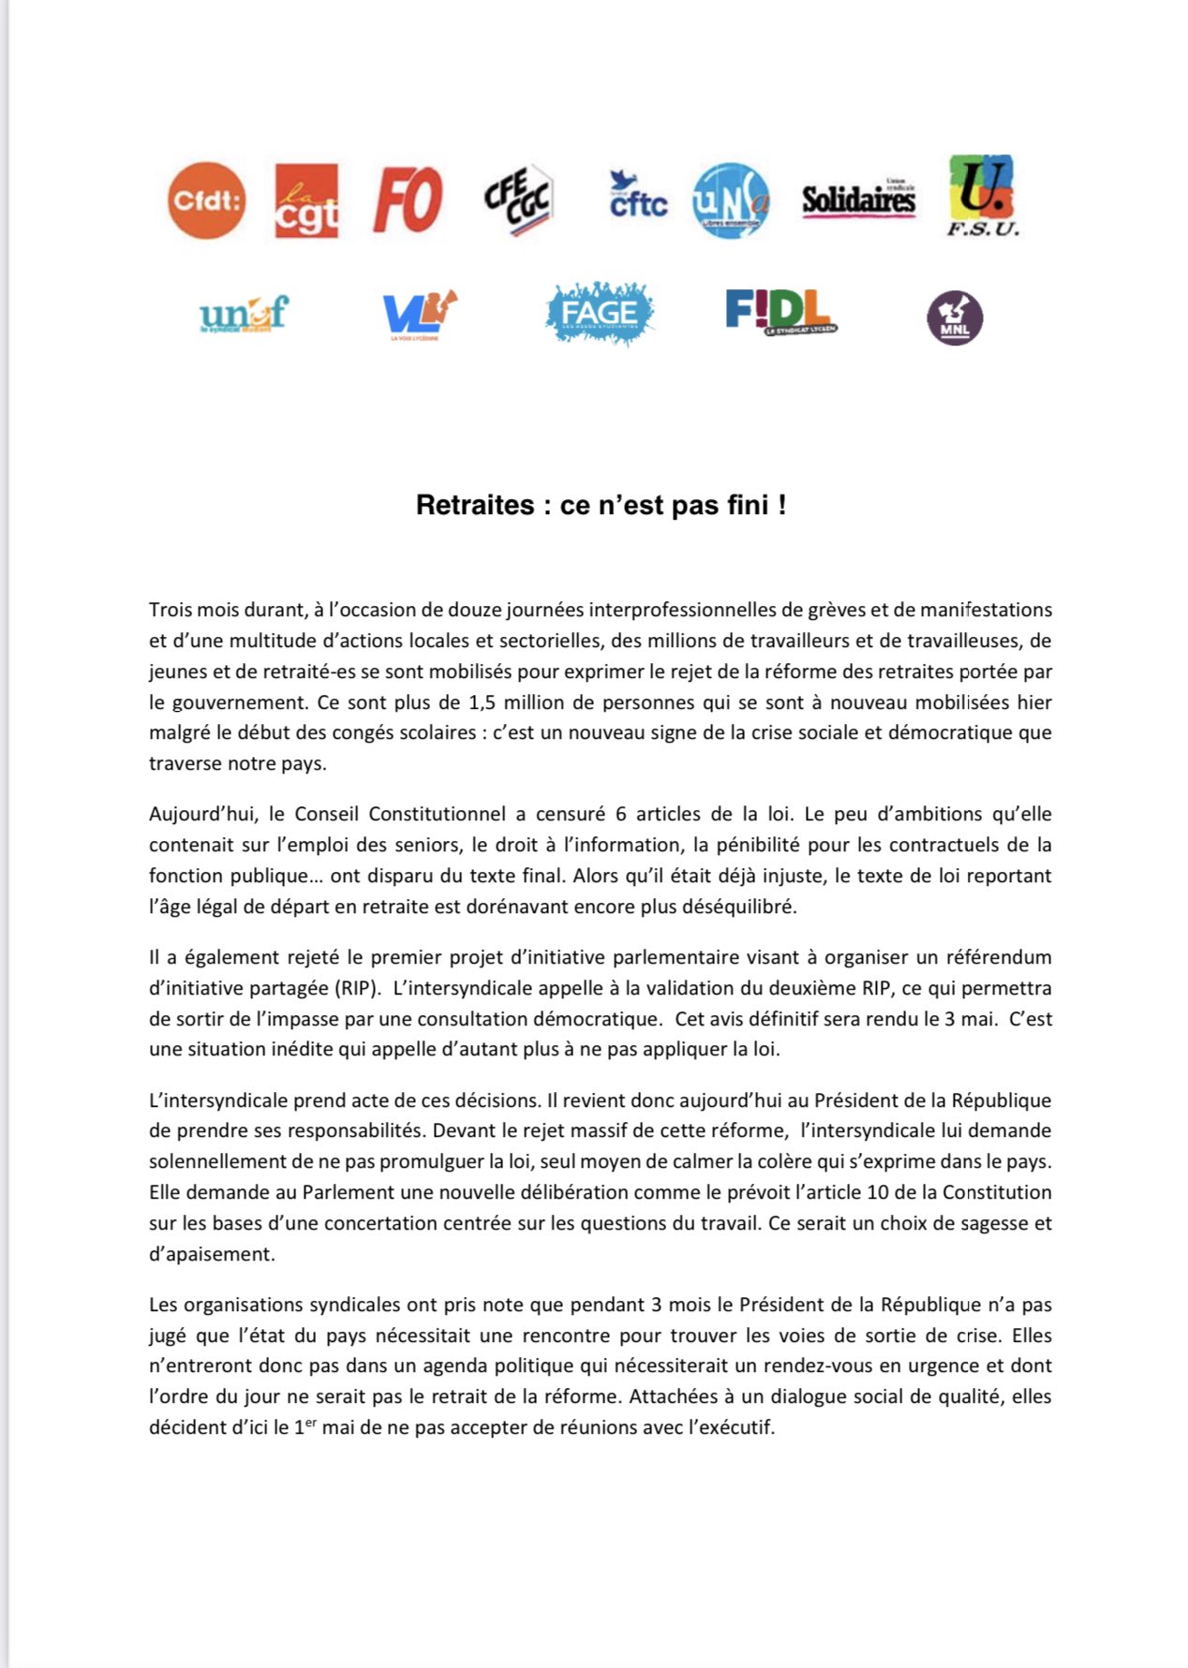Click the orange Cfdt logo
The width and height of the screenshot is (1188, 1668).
tap(206, 200)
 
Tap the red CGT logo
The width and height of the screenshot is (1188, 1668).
tap(306, 200)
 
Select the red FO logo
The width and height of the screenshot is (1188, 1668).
tap(408, 200)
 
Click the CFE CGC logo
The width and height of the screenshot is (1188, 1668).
tap(518, 199)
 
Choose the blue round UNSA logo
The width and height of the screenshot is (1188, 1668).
tap(731, 200)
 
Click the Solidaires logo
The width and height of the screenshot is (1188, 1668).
tap(858, 199)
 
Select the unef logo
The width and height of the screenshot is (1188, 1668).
tap(244, 315)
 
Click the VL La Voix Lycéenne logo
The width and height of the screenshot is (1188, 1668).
tap(418, 314)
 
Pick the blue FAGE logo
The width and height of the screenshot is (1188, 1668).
tap(600, 313)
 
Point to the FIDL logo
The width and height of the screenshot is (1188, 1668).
tap(780, 312)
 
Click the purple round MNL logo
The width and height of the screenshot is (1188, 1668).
tap(954, 318)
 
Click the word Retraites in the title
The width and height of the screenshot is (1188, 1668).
tap(474, 506)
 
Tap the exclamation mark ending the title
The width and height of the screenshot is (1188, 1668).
tap(782, 506)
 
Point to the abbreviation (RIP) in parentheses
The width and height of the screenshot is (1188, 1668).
tap(359, 988)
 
